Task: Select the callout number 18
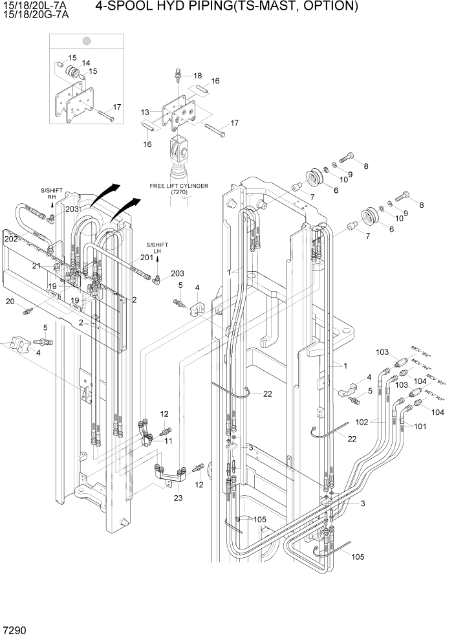(x=197, y=76)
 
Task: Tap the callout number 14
(x=85, y=63)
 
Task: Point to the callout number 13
(x=146, y=112)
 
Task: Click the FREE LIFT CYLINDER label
(x=178, y=186)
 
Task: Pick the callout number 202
(x=11, y=239)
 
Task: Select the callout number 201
(x=147, y=258)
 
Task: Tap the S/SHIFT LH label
(x=157, y=249)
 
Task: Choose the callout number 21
(x=36, y=266)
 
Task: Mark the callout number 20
(x=10, y=302)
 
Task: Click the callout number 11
(x=168, y=441)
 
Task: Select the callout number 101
(x=420, y=426)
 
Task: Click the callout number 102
(x=362, y=422)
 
